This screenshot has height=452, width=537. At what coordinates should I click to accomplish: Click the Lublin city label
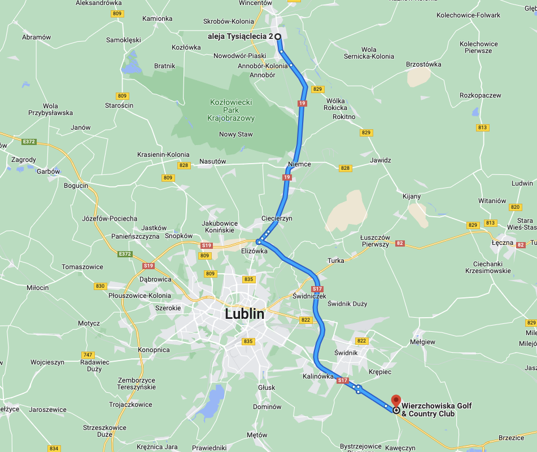pos(245,314)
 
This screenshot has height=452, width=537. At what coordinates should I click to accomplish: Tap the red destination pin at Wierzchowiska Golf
pos(396,400)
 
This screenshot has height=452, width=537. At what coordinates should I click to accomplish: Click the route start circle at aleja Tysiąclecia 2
pos(278,36)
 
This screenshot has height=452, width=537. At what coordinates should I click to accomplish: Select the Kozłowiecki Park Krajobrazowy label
pos(232,110)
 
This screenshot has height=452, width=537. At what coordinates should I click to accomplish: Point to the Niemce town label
pos(299,164)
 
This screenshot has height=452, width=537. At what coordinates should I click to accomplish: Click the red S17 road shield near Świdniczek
pos(317,289)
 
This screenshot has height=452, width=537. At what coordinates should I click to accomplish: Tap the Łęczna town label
pos(502,243)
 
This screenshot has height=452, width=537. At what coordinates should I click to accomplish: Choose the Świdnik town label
pos(346,353)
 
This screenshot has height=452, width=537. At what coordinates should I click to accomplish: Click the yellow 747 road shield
pos(88,355)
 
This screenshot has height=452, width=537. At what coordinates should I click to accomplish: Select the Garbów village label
pos(47,172)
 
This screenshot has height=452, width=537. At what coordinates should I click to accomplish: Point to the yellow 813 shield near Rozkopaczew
pos(482,128)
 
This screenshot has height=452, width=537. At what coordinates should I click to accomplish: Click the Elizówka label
pos(254,251)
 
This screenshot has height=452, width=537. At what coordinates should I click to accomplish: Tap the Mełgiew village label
pos(422,342)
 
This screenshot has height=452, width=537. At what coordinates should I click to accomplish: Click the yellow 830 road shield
pos(101,286)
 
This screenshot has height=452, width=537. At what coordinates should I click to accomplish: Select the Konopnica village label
pos(154,350)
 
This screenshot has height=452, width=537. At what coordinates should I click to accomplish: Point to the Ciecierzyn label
pos(277,218)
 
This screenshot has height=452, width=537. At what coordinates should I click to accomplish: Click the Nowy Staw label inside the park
pos(236,134)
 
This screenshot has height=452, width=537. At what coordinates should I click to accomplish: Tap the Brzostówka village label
pos(424,64)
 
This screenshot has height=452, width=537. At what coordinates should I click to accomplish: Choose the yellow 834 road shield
pos(54,449)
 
